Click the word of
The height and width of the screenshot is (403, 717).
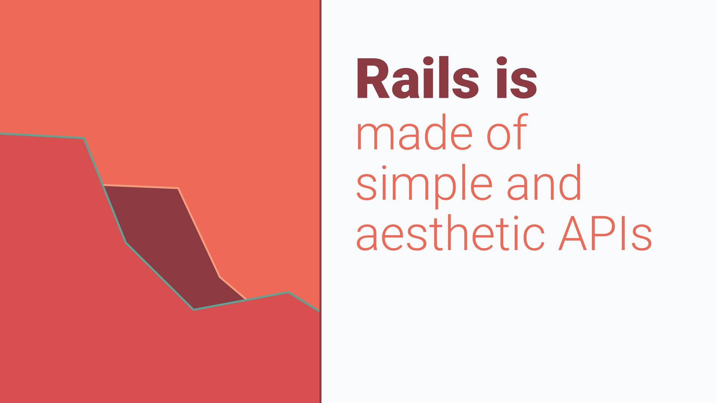click(507, 131)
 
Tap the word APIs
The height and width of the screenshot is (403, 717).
click(605, 234)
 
